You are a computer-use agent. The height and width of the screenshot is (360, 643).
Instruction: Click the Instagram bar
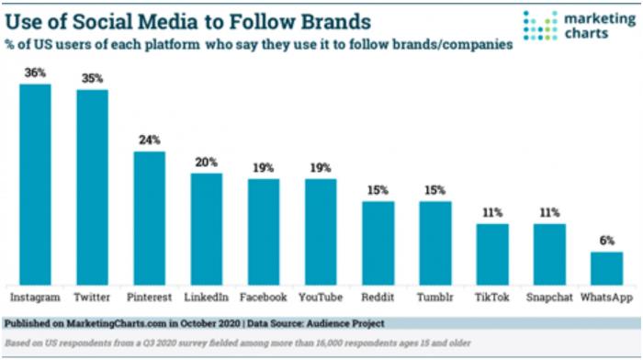point(35,184)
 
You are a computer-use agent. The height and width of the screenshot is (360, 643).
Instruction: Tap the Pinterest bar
point(150,218)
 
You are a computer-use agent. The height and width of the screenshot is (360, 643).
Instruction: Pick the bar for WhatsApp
point(605,267)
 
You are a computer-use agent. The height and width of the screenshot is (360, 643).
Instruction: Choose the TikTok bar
point(492,253)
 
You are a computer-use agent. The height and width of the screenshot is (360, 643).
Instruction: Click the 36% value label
point(35,73)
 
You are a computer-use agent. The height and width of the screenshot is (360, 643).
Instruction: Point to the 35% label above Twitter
point(92,79)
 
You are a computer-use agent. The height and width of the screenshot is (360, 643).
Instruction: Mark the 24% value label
point(150,141)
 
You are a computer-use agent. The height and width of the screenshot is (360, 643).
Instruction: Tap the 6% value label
point(605,241)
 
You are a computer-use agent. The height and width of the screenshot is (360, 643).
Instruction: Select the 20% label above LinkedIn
point(207,163)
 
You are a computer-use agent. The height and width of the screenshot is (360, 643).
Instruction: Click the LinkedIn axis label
point(207,298)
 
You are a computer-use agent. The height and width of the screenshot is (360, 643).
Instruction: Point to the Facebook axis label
point(264,298)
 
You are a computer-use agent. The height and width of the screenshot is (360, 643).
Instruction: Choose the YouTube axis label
point(321,298)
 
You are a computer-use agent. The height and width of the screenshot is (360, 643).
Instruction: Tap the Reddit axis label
point(378,298)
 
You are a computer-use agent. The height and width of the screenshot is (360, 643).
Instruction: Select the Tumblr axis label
point(435,298)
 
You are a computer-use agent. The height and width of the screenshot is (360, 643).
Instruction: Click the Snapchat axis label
point(549,298)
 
